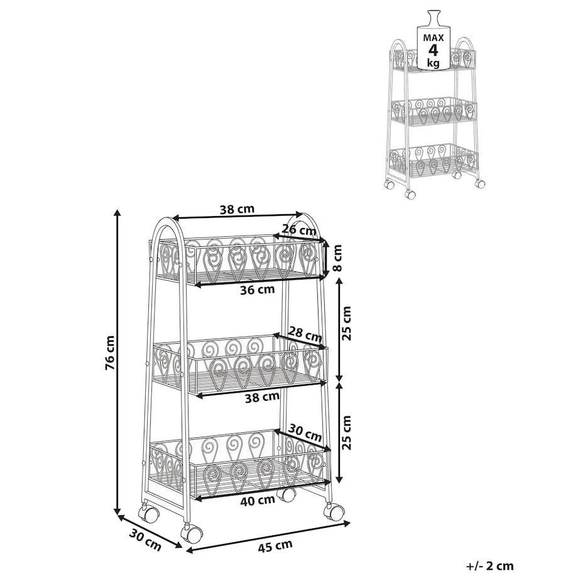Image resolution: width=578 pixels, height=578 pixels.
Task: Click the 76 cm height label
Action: (x=110, y=353)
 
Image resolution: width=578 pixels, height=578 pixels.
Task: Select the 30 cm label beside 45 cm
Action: (x=145, y=540)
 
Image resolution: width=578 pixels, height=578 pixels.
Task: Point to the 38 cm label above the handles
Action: (x=237, y=209)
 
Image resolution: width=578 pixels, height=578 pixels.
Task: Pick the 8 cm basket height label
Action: (x=337, y=258)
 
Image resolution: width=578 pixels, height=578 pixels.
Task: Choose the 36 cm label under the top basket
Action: (x=258, y=290)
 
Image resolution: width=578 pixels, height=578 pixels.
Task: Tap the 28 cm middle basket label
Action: (x=305, y=334)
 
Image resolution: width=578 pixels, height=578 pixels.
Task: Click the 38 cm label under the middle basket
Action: (x=262, y=397)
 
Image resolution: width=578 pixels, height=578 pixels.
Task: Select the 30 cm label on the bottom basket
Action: (x=305, y=432)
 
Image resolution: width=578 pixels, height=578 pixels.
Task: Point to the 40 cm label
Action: (x=258, y=500)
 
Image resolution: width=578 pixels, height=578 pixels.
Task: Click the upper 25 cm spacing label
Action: (x=346, y=324)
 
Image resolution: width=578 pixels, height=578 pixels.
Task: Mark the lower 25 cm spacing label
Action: (x=346, y=432)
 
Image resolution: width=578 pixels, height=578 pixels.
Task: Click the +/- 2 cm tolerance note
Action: (x=490, y=565)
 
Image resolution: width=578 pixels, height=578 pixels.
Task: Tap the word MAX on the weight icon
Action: (x=433, y=38)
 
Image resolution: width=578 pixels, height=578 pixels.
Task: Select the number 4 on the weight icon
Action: (x=433, y=50)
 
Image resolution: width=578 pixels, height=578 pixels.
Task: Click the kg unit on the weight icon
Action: (x=433, y=63)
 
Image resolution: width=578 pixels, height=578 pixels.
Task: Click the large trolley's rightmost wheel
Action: (x=334, y=511)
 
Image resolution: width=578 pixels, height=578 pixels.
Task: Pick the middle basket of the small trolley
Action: (x=433, y=110)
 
